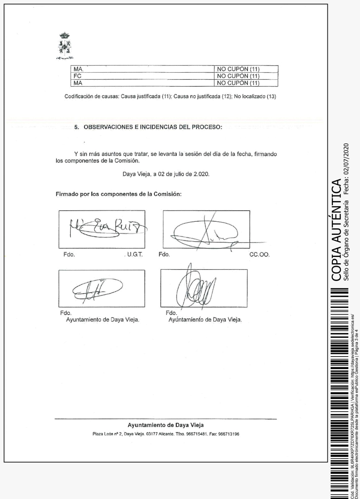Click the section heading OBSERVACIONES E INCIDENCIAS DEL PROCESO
tap(153, 128)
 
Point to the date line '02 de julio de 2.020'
tap(166, 174)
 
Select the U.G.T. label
tap(135, 254)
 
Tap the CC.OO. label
tap(259, 254)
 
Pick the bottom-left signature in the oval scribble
tap(97, 289)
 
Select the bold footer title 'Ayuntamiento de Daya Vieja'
tap(166, 425)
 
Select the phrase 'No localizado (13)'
tap(255, 96)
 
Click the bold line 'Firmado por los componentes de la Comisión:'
tap(118, 194)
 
